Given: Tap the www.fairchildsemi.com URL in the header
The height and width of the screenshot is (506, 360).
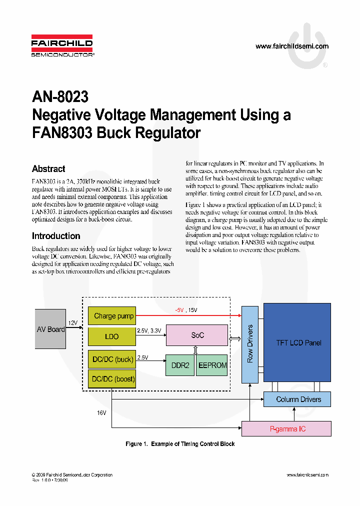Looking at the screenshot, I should [x=291, y=46].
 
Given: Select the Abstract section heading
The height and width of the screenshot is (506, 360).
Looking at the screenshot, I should [x=48, y=169].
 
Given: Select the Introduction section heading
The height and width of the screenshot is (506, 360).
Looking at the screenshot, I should [x=56, y=236].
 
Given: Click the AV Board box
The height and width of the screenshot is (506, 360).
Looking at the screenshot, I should [x=50, y=329].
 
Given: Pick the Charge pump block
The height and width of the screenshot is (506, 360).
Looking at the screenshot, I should [x=113, y=316].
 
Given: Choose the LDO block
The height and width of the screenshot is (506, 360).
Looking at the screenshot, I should [x=111, y=336].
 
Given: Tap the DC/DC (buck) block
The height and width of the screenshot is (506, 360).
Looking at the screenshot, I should [x=112, y=359].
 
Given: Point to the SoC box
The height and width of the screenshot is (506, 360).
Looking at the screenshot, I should [x=197, y=335].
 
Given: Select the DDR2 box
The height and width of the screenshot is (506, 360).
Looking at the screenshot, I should [x=180, y=365].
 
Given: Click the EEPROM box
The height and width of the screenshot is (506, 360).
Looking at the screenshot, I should [x=212, y=365].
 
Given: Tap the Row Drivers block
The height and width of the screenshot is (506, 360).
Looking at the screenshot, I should [x=250, y=343].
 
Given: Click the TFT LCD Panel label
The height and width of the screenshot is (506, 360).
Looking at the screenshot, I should [x=298, y=343].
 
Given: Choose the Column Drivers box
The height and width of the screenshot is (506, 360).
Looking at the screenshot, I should [x=298, y=399].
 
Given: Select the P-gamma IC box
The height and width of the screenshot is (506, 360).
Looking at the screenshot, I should [x=287, y=429].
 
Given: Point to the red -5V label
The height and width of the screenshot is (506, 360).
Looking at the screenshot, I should [x=179, y=310].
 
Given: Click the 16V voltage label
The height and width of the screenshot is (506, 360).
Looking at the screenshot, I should [x=102, y=413].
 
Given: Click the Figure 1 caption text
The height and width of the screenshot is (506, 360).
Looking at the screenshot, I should [x=179, y=444].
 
